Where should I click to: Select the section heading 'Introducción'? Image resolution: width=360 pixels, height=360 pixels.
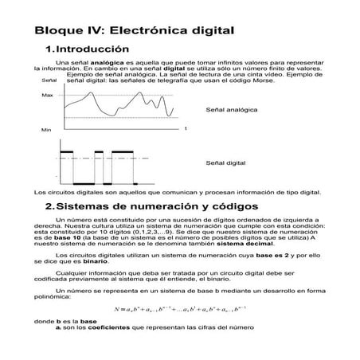tap(96, 49)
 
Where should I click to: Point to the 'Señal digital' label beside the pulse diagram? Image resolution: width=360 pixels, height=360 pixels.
tap(225, 162)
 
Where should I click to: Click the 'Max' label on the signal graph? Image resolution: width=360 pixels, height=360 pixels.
tap(46, 95)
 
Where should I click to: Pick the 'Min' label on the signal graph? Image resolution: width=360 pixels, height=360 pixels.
tap(46, 128)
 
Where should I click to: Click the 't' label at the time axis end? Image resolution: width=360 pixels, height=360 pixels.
tap(185, 127)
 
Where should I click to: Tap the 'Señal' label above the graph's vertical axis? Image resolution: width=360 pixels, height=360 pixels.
tap(49, 80)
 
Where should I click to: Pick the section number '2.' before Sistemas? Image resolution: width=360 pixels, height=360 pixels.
tap(50, 207)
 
